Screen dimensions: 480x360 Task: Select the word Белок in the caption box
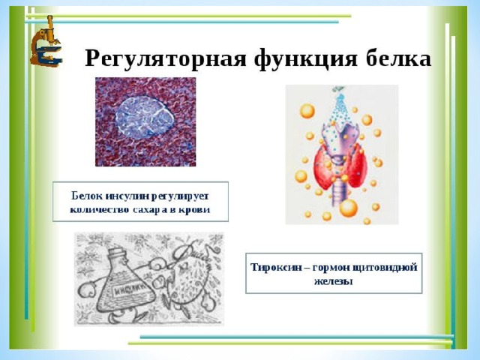(87, 196)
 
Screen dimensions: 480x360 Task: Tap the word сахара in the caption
(148, 210)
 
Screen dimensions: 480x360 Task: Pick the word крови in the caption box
(195, 210)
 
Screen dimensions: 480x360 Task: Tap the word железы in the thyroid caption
(334, 281)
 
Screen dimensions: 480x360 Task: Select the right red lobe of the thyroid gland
(356, 165)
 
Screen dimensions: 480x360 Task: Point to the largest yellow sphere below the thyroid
(348, 208)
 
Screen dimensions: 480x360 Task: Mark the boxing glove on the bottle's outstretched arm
(87, 290)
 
